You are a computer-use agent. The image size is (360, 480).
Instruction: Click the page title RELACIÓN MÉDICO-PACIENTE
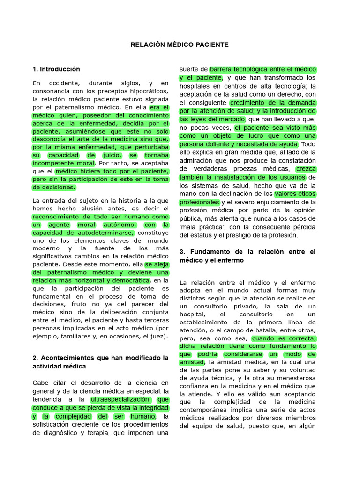180,45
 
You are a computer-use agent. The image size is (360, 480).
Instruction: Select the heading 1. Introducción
56,69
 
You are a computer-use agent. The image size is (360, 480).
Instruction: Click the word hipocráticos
146,91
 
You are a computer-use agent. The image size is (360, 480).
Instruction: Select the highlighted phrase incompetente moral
64,163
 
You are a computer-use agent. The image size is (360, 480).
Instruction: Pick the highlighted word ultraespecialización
121,399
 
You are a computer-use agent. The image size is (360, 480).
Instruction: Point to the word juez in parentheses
158,336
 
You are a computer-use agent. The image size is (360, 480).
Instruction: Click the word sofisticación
53,425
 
